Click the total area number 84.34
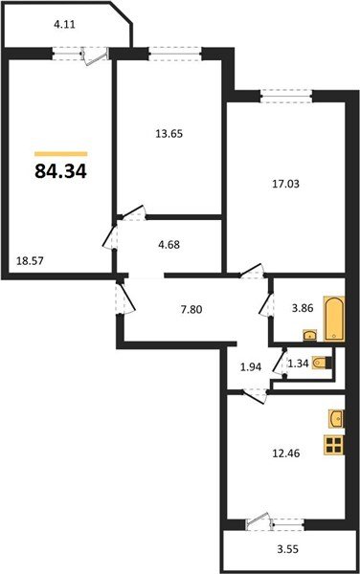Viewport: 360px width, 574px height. click(60, 171)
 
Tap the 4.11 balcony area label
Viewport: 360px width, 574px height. click(64, 25)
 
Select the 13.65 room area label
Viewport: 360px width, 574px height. click(169, 134)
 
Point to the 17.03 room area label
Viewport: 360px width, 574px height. click(285, 184)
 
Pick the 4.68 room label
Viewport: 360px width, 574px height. click(169, 244)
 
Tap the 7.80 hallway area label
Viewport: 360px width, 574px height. click(191, 310)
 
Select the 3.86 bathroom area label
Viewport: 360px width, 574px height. click(304, 308)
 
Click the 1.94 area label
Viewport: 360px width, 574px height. click(251, 367)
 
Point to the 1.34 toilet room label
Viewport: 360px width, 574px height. click(297, 364)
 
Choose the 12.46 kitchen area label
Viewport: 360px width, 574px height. click(285, 453)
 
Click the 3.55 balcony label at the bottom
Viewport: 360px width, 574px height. click(288, 549)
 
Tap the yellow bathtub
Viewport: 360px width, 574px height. click(333, 320)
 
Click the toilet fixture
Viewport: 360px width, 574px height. click(322, 364)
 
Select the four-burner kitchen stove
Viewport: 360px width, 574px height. click(333, 445)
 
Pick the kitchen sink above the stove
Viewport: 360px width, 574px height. click(336, 418)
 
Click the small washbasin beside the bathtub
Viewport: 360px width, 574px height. click(310, 335)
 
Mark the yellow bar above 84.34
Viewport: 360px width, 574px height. click(60, 154)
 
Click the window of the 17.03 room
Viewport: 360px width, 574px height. click(286, 97)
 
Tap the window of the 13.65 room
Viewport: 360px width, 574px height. click(176, 54)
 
